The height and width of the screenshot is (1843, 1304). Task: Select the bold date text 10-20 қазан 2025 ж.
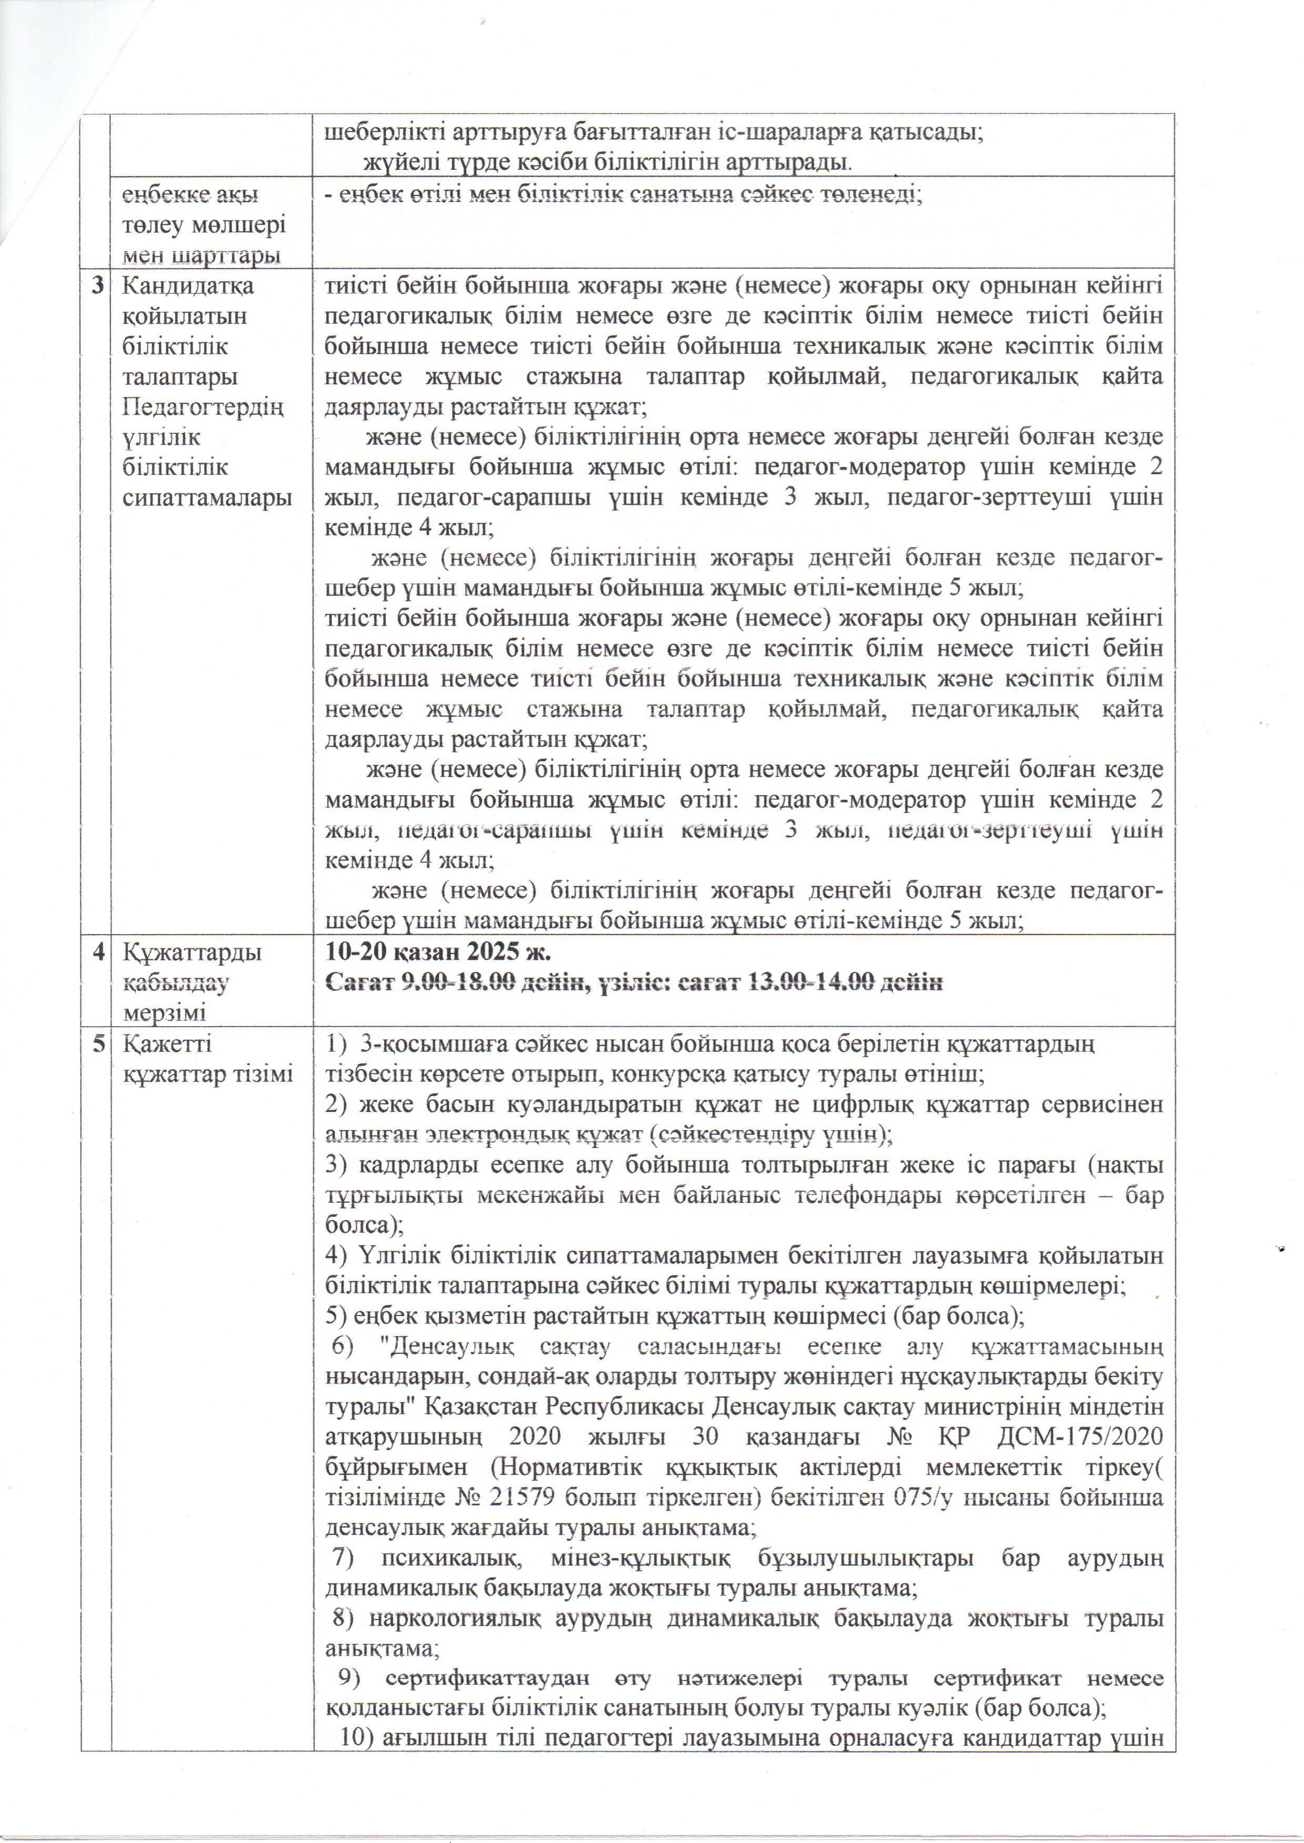[438, 953]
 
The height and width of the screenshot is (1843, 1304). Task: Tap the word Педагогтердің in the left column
[203, 407]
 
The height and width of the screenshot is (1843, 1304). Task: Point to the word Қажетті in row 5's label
[166, 1044]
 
